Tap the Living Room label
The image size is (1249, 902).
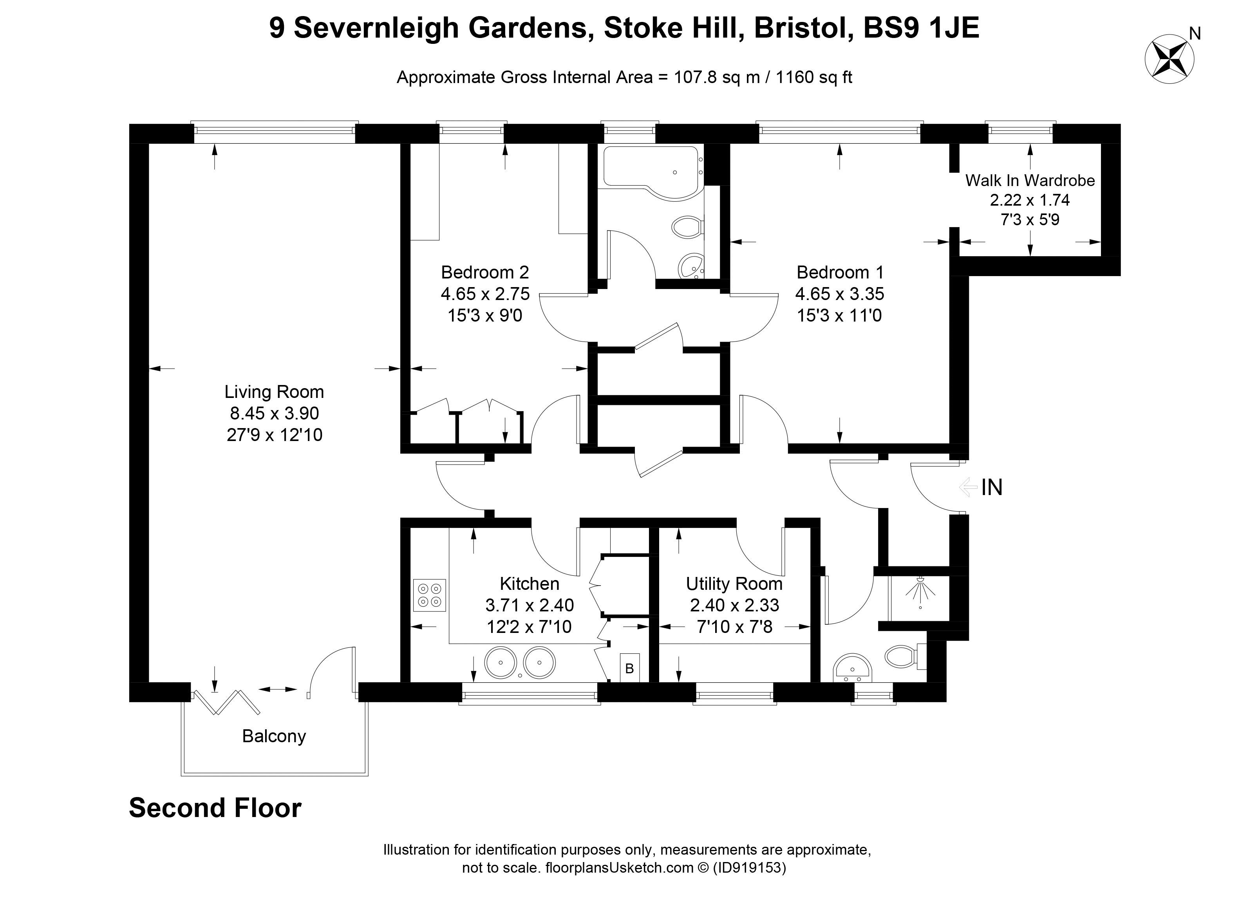coord(274,392)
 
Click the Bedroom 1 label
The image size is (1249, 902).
coord(839,272)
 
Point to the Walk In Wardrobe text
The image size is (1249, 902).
coord(1029,180)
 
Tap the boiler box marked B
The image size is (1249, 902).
coord(629,668)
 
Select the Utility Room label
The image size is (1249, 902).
coord(734,583)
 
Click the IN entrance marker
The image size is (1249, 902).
coord(991,487)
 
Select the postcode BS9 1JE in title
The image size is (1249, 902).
coord(921,27)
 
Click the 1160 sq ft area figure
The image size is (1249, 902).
coord(813,77)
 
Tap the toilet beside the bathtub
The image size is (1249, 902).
coord(686,227)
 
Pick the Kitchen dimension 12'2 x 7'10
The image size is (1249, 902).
coord(529,627)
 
